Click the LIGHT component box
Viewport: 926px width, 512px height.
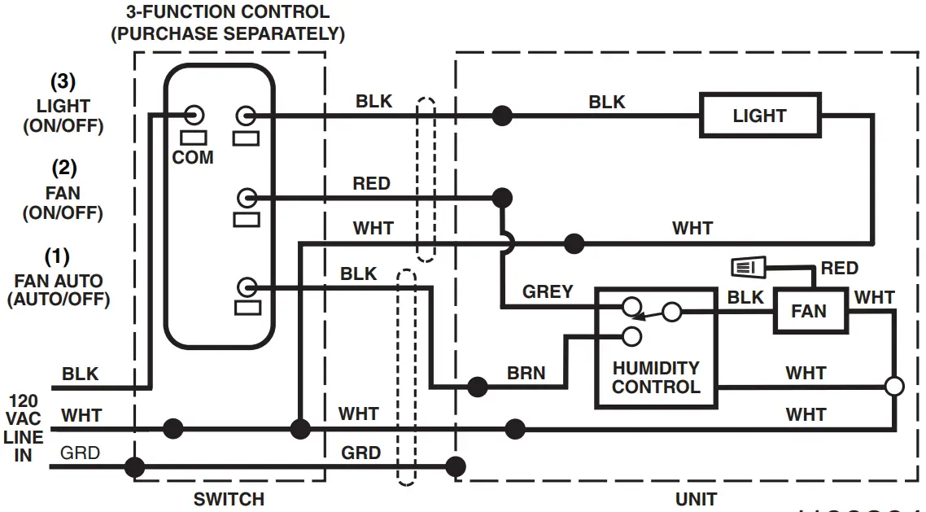tap(759, 116)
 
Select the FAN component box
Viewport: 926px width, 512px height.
tap(808, 311)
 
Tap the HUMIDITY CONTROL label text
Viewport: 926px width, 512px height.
tap(656, 378)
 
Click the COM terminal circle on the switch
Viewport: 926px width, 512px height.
tap(195, 115)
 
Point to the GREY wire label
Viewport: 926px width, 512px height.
tap(548, 291)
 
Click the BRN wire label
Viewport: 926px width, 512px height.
tap(526, 373)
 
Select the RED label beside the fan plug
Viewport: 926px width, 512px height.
tap(839, 268)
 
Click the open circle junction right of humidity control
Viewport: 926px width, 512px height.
tap(894, 387)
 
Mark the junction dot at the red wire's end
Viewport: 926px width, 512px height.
tap(502, 197)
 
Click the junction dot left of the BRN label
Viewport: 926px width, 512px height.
tap(478, 387)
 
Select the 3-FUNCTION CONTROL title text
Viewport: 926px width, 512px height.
tap(228, 23)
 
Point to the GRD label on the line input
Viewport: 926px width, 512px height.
tap(81, 453)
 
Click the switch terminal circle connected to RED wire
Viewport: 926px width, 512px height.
tap(247, 197)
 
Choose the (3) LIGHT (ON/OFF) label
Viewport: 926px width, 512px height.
tap(63, 104)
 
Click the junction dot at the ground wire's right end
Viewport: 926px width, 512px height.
tap(456, 466)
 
